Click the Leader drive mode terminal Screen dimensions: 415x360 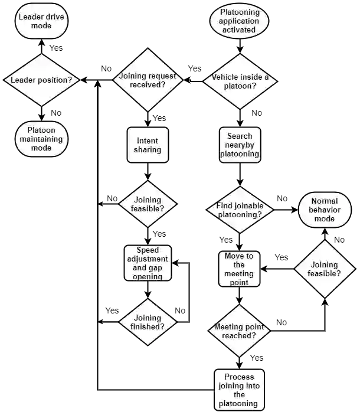(41, 21)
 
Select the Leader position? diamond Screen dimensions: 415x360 (41, 79)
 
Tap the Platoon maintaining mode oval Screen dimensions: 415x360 (41, 139)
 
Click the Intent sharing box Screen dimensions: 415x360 (148, 145)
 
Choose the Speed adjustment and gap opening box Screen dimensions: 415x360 (148, 263)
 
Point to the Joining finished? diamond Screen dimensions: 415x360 (148, 322)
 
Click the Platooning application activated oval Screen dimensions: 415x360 (238, 21)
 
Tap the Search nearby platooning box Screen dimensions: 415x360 (239, 145)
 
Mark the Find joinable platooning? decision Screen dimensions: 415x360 (239, 210)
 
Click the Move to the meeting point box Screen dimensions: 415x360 (239, 269)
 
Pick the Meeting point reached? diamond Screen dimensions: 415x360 (239, 331)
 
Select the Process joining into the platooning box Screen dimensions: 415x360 (239, 390)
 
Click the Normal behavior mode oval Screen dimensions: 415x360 (324, 210)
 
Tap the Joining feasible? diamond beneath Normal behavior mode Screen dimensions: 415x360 (325, 269)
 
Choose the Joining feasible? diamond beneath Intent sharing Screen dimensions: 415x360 (148, 204)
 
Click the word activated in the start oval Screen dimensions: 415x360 (238, 30)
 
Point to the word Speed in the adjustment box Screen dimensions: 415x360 (148, 250)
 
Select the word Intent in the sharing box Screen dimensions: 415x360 (148, 141)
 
